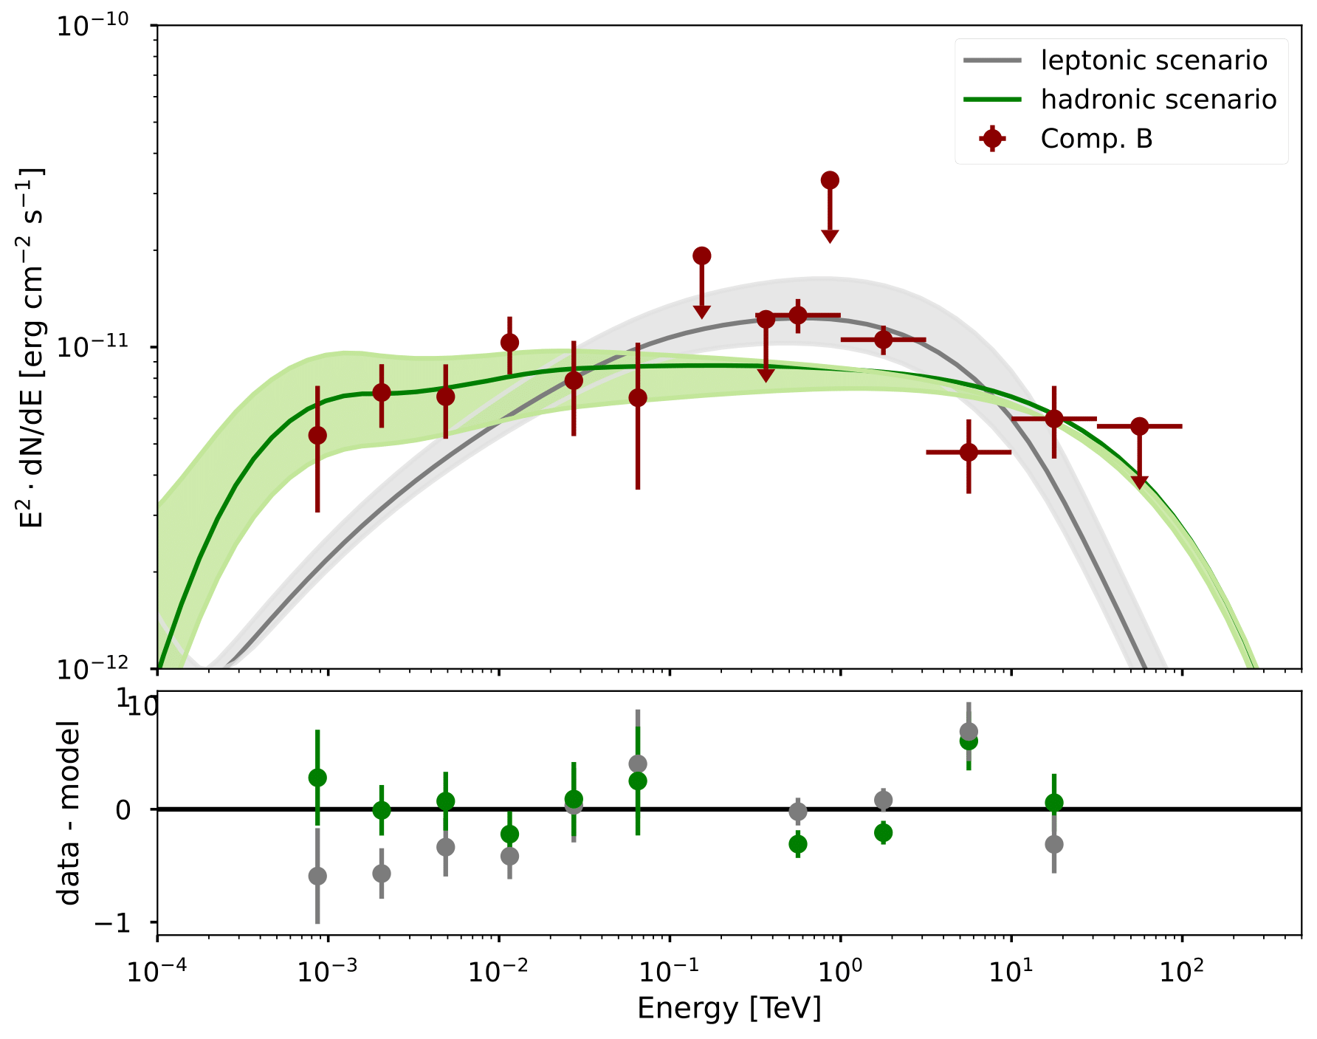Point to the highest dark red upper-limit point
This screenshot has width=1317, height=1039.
click(x=830, y=180)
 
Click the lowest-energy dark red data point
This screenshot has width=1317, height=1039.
click(x=317, y=436)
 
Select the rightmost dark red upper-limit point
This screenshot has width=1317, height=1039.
click(x=1140, y=426)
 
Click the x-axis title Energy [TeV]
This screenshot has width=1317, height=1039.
click(x=729, y=1009)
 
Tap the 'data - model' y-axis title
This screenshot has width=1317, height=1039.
click(x=69, y=813)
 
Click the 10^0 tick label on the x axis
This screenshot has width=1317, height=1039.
click(x=839, y=972)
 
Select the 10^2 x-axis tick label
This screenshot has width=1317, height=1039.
click(x=1181, y=972)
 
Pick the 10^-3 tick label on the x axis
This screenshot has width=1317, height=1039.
click(x=326, y=972)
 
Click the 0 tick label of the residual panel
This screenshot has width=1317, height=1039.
click(x=124, y=810)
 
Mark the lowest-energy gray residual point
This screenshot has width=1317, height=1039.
click(x=317, y=877)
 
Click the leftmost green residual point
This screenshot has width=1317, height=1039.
click(x=317, y=778)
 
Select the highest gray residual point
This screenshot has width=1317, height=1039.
click(x=969, y=732)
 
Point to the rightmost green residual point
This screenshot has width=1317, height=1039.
click(x=1054, y=803)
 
